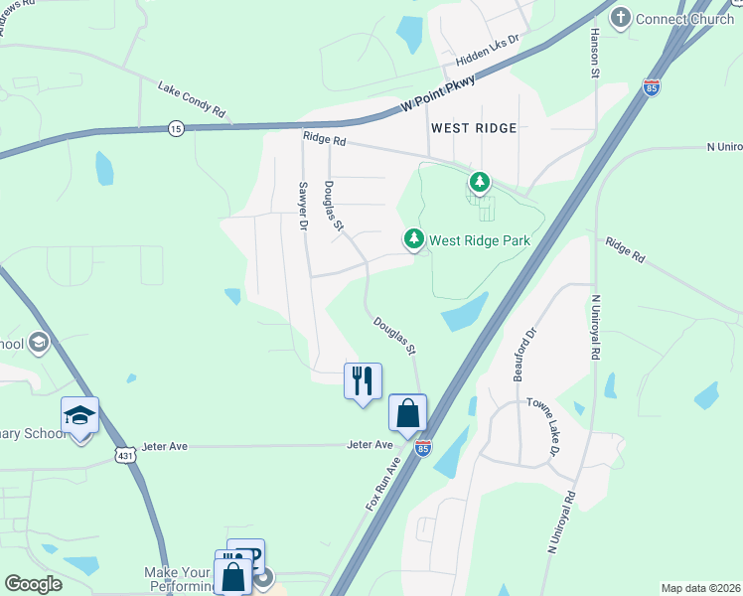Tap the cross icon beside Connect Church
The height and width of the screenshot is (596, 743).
tap(621, 17)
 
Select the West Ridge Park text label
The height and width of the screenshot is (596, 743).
tap(481, 240)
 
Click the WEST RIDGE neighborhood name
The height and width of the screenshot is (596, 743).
tap(475, 128)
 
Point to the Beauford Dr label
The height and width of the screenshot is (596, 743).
tap(524, 355)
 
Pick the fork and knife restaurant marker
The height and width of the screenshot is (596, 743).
tap(363, 380)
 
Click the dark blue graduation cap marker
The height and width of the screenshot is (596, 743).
tap(80, 415)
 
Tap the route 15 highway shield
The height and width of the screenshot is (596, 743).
tap(176, 128)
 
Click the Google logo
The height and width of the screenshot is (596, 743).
tap(33, 585)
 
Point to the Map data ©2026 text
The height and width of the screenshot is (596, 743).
tap(699, 588)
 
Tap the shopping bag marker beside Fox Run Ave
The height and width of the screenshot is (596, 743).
tap(408, 412)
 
